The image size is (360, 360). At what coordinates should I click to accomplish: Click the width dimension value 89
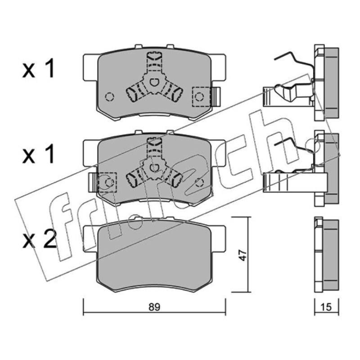tap(154, 307)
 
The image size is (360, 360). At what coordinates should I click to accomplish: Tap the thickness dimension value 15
tap(326, 307)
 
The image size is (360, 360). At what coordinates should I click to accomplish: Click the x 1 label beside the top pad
tap(38, 68)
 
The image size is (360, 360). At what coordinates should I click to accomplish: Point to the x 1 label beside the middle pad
tap(38, 154)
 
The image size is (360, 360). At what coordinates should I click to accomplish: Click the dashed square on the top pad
tap(201, 97)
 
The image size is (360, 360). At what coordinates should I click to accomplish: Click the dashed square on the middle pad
tap(107, 182)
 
